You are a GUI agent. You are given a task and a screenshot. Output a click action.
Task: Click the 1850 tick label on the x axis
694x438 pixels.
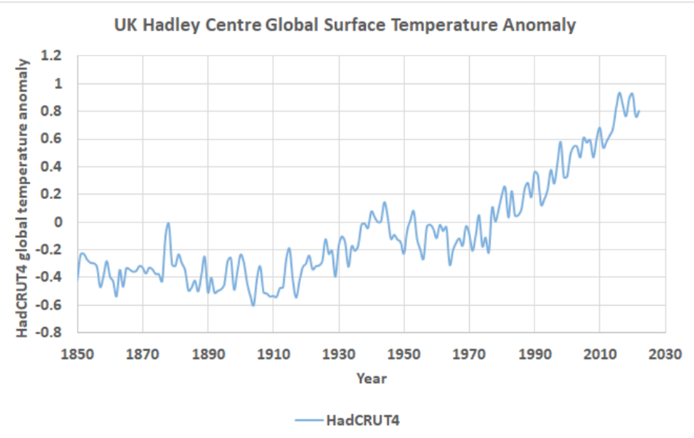click(77, 353)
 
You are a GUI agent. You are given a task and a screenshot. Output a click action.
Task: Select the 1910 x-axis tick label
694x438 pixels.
click(273, 353)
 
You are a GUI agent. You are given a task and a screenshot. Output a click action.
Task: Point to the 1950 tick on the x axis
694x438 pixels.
click(404, 353)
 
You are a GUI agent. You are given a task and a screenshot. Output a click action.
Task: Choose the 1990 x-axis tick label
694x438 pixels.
click(535, 353)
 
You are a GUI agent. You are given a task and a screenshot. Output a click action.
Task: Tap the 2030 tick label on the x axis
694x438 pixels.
click(665, 353)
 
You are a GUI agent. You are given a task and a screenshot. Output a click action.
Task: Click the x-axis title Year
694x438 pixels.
click(372, 378)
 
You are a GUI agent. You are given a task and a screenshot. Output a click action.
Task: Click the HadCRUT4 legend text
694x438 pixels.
click(362, 421)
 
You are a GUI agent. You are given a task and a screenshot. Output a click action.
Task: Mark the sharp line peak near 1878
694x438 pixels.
click(169, 223)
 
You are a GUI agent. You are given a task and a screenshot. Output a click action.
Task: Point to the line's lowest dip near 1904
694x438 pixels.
click(253, 306)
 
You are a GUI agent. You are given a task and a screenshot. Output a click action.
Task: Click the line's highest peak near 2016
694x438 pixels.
click(619, 93)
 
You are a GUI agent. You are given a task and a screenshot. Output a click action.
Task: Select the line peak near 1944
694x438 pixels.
click(384, 203)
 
